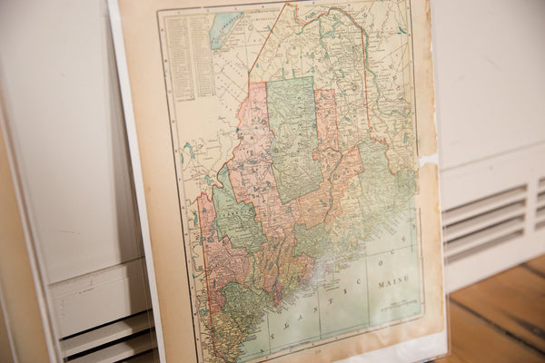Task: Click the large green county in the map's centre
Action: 292,136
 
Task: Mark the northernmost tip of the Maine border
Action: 293,5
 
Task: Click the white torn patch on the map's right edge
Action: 427,162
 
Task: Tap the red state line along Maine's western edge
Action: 205,263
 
